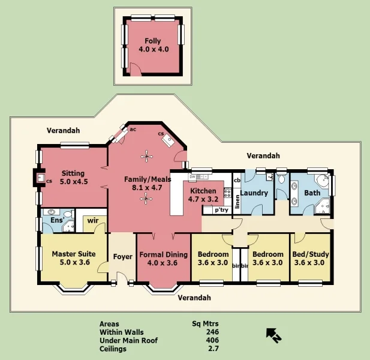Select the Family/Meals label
click(x=148, y=179)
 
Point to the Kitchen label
click(x=203, y=191)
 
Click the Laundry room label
click(x=254, y=193)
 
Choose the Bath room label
click(x=312, y=193)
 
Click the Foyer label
click(x=123, y=257)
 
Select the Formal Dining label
click(x=163, y=254)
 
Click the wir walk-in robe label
click(x=92, y=220)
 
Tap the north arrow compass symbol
click(x=273, y=335)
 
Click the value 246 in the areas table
click(x=212, y=332)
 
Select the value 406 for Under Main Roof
click(x=212, y=340)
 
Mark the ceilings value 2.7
click(x=212, y=349)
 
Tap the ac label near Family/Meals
click(x=133, y=129)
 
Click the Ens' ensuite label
click(x=56, y=220)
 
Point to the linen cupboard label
click(x=237, y=202)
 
